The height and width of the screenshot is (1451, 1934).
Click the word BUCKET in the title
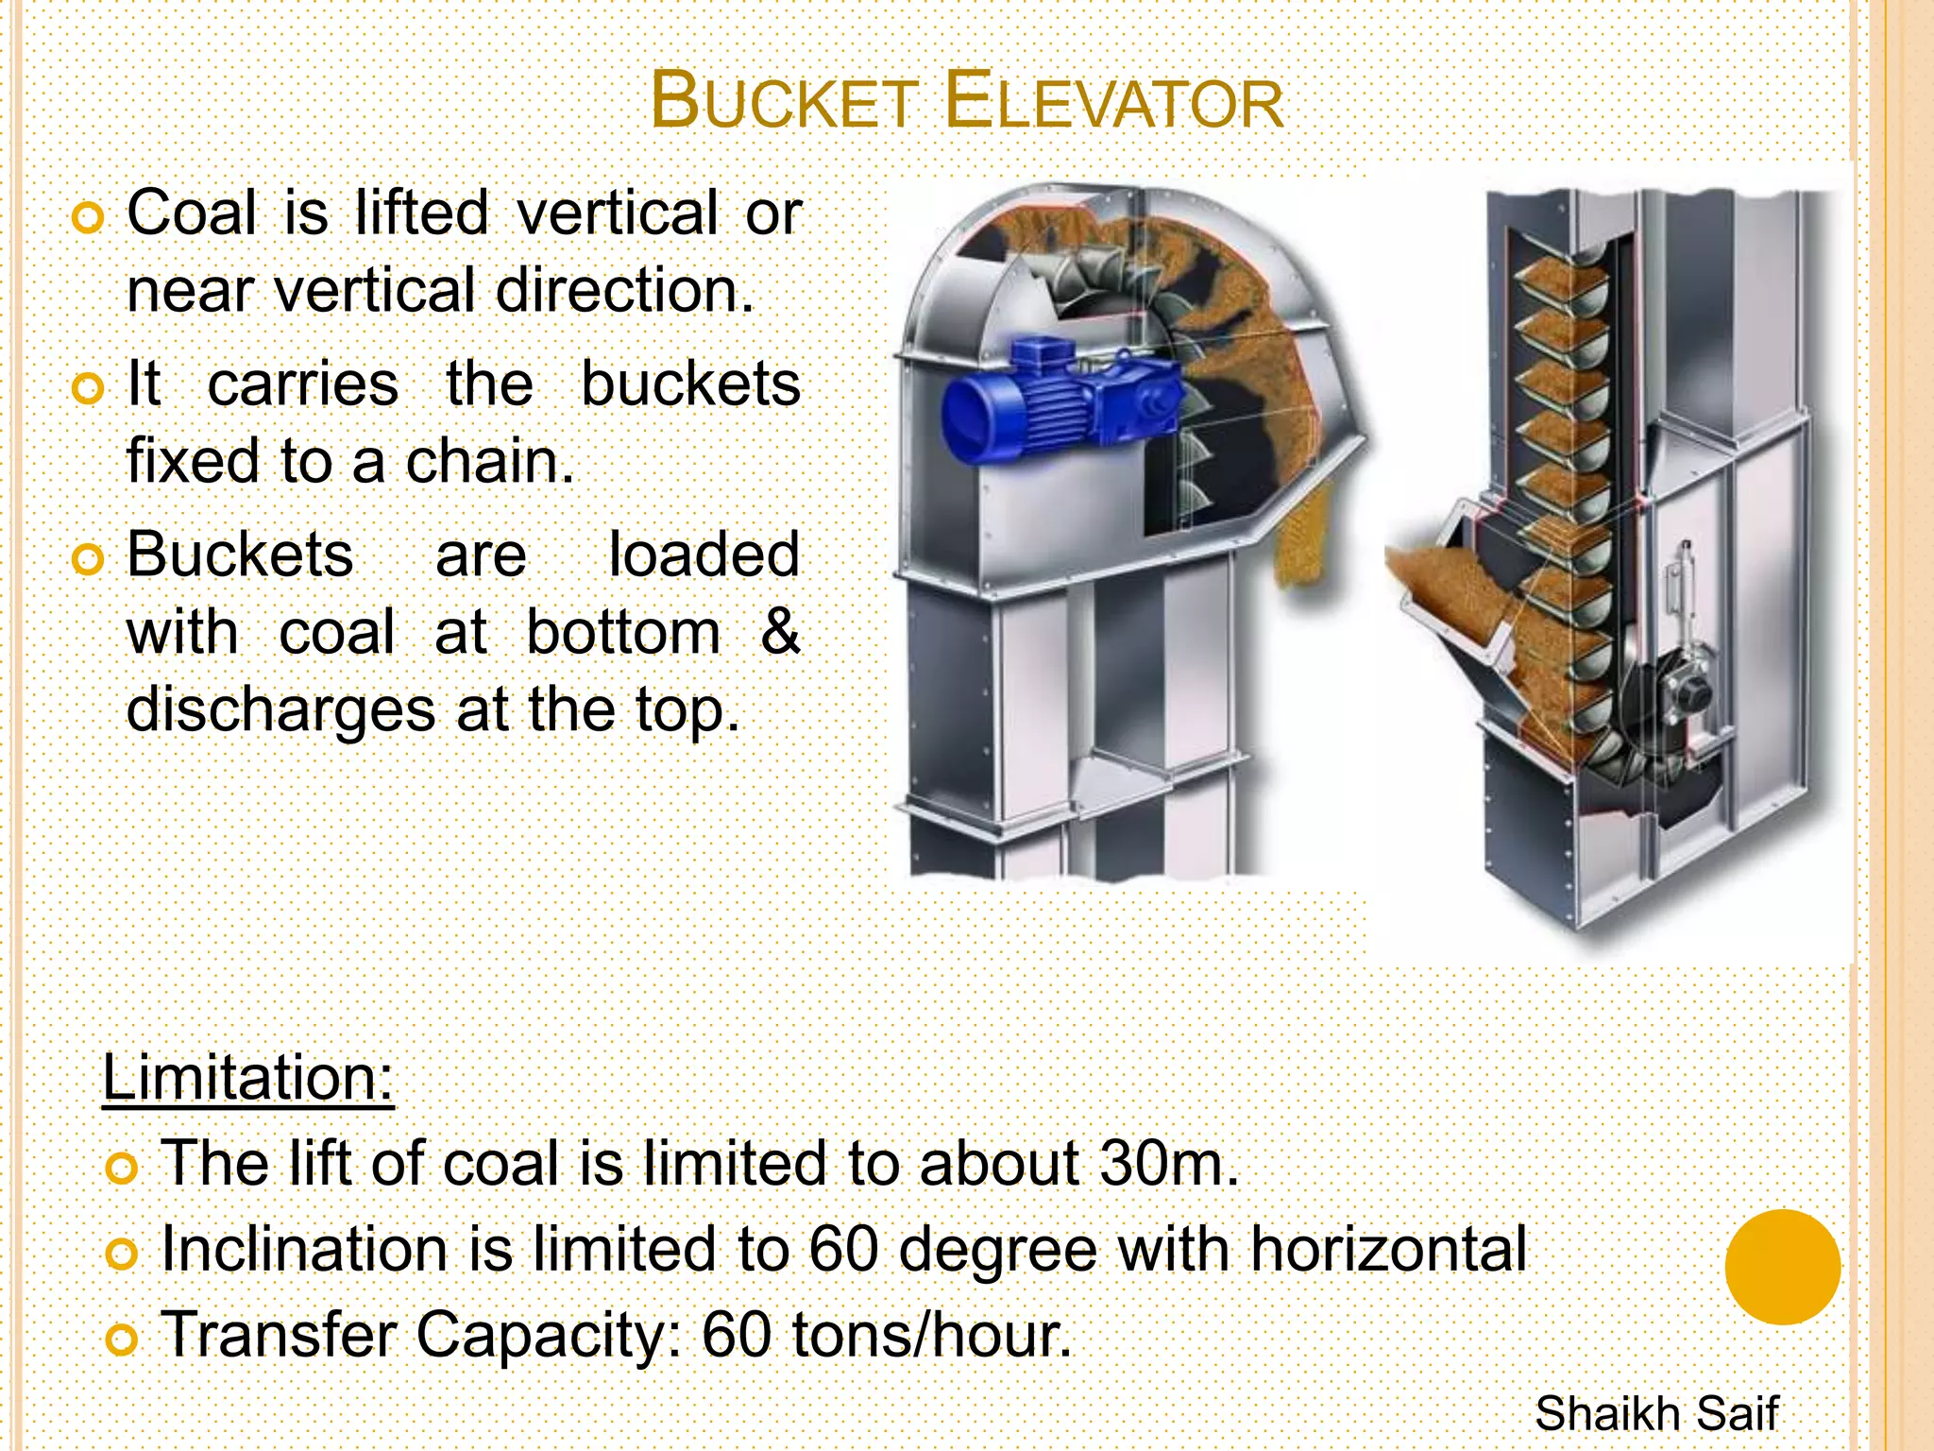(783, 101)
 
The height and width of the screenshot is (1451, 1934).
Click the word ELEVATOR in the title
(1113, 101)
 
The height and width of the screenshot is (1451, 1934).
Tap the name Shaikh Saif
(1655, 1414)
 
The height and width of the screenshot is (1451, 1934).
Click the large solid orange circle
(1782, 1268)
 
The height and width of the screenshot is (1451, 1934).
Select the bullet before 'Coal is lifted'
(88, 218)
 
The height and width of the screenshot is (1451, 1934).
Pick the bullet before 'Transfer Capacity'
(122, 1340)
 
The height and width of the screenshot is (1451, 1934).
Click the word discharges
(280, 710)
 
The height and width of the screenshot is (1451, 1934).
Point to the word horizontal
(1388, 1250)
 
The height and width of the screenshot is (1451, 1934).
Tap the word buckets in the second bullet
(690, 384)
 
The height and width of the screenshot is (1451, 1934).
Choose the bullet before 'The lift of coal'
(122, 1169)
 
